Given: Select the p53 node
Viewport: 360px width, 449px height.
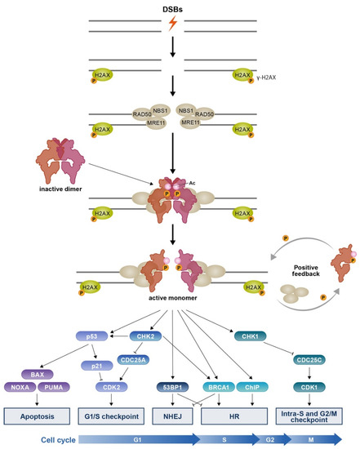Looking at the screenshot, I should pyautogui.click(x=91, y=313).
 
